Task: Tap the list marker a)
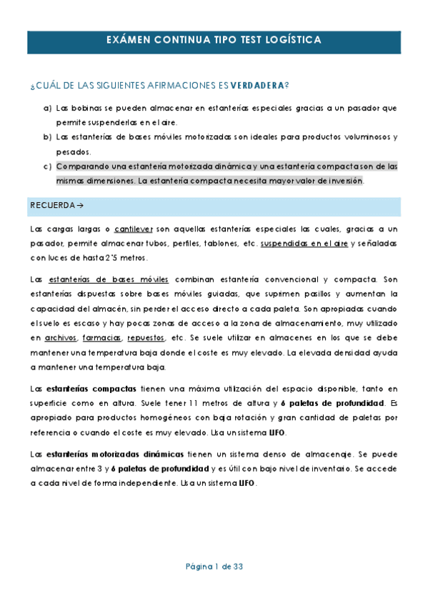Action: tap(47, 109)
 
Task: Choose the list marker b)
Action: tap(47, 137)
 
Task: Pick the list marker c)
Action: tap(47, 167)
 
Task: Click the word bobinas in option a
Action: tap(83, 109)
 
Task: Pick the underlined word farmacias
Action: tap(101, 337)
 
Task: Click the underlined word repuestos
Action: tap(145, 337)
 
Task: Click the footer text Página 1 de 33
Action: tap(214, 566)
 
